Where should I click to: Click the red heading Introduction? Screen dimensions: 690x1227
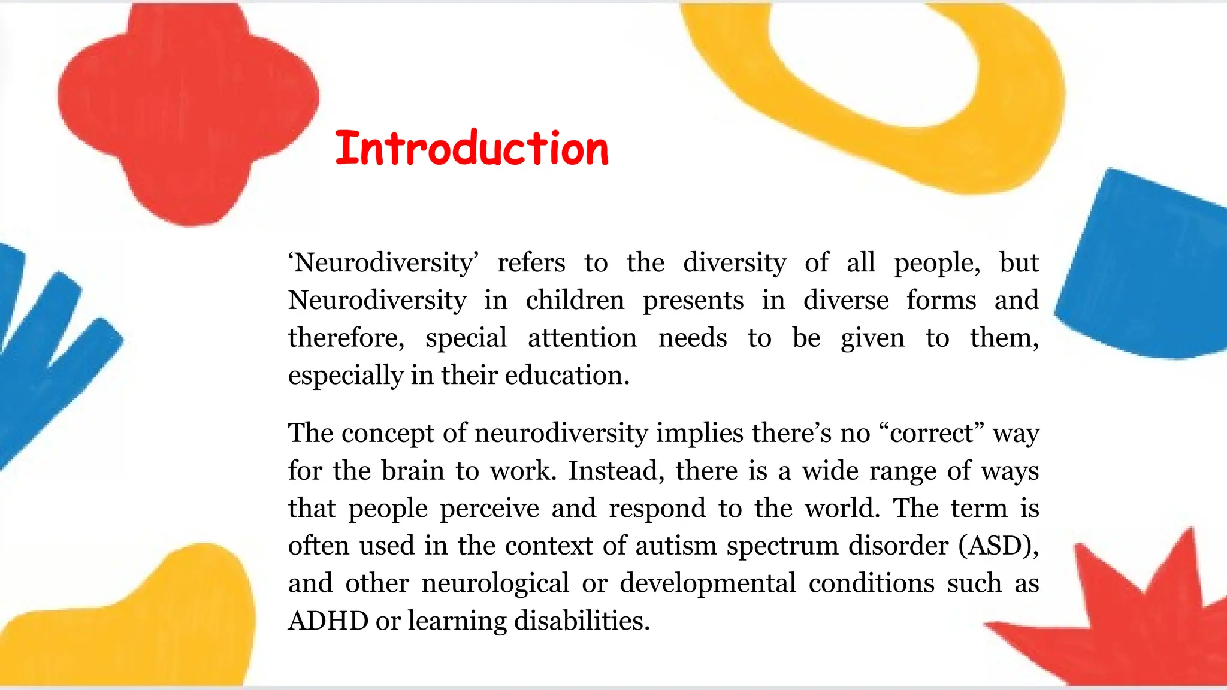coord(472,148)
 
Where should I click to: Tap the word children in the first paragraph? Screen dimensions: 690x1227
coord(575,300)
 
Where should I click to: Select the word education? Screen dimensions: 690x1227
coord(567,376)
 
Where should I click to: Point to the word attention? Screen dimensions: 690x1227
coord(582,338)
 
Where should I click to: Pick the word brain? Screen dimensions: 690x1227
coord(413,471)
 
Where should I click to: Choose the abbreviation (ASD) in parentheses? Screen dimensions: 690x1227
coord(998,546)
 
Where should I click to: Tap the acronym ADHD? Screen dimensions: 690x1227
coord(328,621)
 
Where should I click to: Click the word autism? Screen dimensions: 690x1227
coord(676,546)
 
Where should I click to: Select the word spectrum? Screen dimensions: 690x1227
coord(781,546)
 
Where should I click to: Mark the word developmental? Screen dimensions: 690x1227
coord(708,583)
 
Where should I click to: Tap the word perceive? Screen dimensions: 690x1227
coord(489,509)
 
